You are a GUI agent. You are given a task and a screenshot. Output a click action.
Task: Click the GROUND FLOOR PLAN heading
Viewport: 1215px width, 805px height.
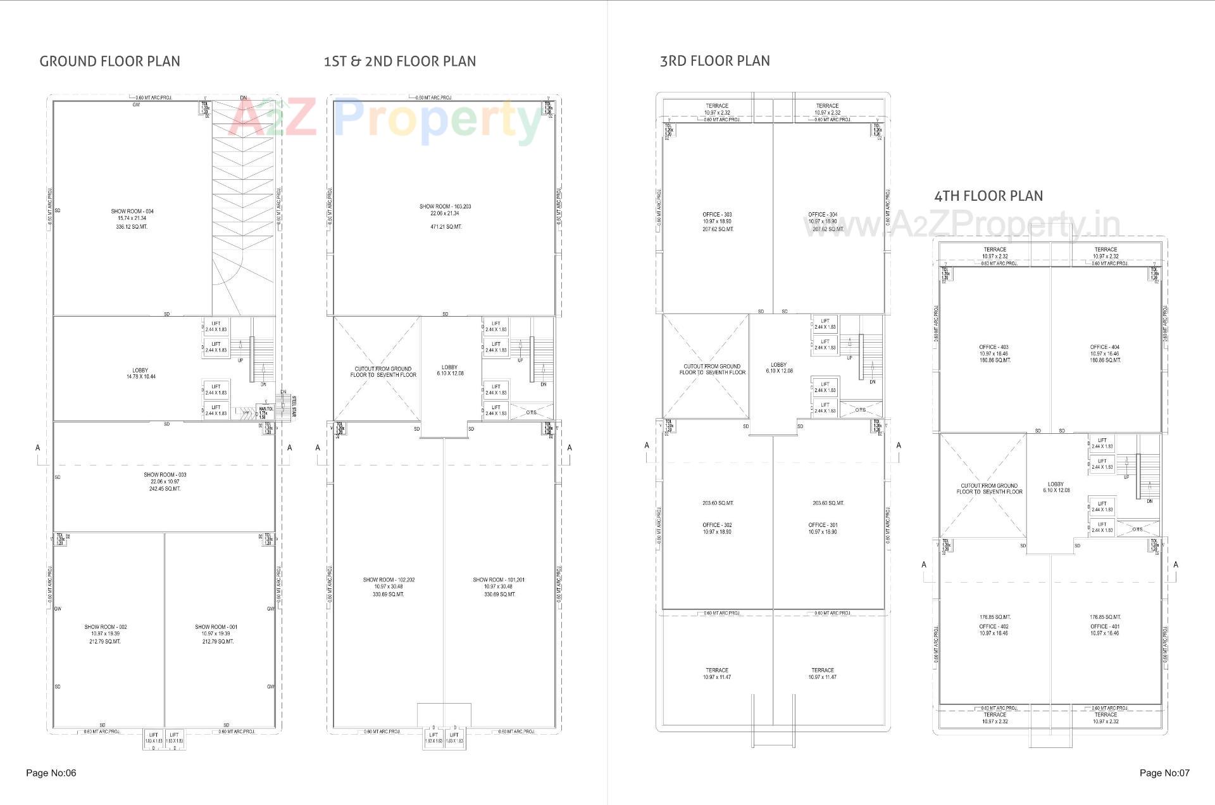click(109, 61)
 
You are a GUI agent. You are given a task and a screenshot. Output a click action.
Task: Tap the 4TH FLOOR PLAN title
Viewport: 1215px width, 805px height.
click(988, 196)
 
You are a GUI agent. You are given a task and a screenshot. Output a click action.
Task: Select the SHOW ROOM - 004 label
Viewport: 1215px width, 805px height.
click(132, 212)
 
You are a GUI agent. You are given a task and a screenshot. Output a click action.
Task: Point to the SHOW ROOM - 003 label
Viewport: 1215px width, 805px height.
click(165, 475)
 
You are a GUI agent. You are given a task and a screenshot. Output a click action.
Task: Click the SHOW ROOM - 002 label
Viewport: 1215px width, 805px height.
click(106, 627)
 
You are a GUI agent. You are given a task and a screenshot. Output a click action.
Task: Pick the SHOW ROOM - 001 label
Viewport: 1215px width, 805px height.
click(216, 627)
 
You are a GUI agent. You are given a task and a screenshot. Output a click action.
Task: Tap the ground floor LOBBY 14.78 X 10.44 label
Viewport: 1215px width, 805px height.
click(140, 374)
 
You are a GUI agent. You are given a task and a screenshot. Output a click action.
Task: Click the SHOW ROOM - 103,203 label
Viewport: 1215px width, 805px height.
click(445, 206)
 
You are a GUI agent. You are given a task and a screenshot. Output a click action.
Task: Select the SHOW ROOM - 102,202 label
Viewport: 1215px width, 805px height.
click(389, 580)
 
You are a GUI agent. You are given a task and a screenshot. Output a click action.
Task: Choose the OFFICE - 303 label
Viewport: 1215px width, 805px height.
click(717, 215)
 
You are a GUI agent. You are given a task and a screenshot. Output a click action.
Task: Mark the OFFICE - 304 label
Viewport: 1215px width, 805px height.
click(823, 215)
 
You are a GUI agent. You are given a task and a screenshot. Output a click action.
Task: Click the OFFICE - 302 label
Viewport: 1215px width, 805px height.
click(717, 525)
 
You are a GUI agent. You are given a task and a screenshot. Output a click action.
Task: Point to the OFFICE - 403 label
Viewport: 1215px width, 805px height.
click(994, 347)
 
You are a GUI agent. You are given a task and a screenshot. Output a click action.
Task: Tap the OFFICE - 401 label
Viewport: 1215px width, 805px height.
click(1105, 626)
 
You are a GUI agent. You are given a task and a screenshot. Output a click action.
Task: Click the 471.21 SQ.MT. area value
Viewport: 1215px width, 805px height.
click(445, 227)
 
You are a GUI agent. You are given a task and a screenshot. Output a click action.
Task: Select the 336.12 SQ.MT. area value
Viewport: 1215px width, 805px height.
click(132, 227)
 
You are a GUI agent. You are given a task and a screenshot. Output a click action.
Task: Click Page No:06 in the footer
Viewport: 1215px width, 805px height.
click(51, 773)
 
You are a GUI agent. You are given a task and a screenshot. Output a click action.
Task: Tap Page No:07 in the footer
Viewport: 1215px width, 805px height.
click(1164, 773)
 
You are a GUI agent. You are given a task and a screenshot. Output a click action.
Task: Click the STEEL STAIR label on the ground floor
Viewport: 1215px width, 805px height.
click(294, 407)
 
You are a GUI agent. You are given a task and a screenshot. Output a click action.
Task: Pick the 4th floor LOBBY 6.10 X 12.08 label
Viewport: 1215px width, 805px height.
click(1056, 487)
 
